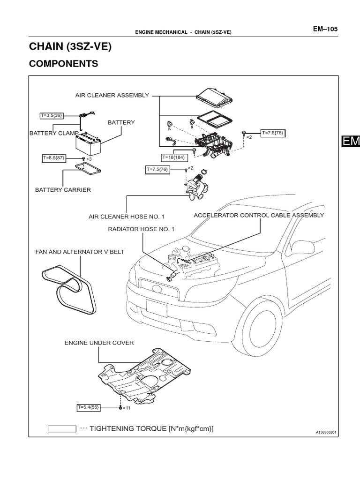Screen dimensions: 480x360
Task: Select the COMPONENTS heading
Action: click(63, 64)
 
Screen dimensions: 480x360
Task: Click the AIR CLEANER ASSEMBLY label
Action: click(112, 95)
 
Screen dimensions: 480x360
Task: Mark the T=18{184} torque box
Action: click(173, 157)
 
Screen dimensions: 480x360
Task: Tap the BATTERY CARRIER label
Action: click(63, 190)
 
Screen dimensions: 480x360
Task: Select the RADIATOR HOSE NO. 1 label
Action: click(141, 229)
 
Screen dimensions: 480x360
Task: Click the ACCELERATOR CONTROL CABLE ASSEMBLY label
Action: click(259, 215)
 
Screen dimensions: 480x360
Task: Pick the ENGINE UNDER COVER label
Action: click(99, 343)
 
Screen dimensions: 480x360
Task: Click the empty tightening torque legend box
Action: click(61, 428)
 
